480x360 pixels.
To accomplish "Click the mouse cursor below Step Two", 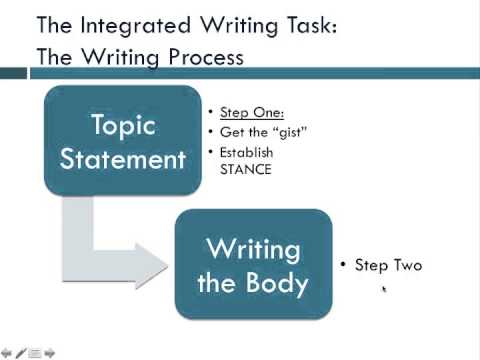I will point(384,291).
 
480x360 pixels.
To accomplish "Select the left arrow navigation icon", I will point(7,352).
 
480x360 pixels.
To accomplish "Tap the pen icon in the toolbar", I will point(20,352).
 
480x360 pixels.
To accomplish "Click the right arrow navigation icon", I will point(49,352).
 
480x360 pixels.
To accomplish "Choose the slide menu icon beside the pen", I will point(34,352).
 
